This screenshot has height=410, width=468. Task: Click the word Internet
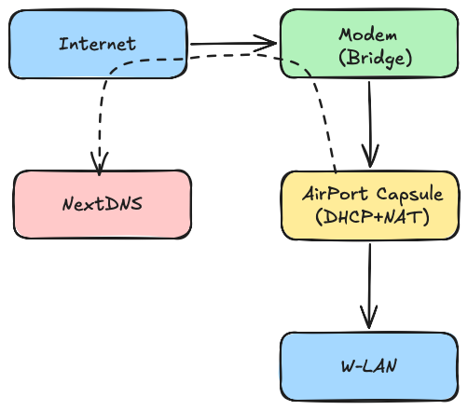[97, 44]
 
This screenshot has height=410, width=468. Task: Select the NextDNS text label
[102, 203]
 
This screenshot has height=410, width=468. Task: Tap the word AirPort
[335, 195]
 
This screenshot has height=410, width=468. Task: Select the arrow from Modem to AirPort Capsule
[371, 121]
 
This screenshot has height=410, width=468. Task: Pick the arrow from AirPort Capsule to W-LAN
[370, 280]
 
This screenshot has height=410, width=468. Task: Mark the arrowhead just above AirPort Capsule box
[372, 157]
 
